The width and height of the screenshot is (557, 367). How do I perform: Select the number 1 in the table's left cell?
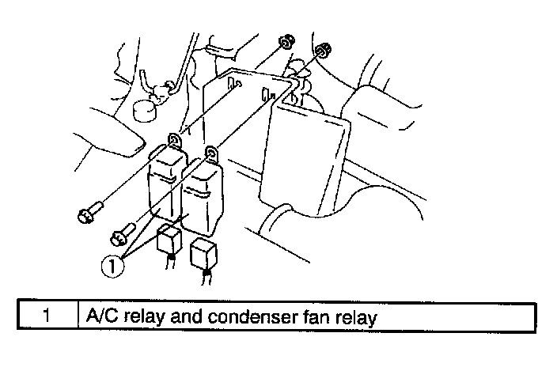[x=47, y=317]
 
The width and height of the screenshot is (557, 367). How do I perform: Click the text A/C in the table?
[x=99, y=317]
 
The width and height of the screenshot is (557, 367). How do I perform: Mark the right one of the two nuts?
[x=322, y=53]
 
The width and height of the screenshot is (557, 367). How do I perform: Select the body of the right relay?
[x=205, y=198]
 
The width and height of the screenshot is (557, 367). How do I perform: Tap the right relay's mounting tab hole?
[x=210, y=152]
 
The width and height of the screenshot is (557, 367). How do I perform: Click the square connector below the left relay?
[x=169, y=240]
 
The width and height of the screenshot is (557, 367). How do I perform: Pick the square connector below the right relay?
[x=205, y=255]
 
